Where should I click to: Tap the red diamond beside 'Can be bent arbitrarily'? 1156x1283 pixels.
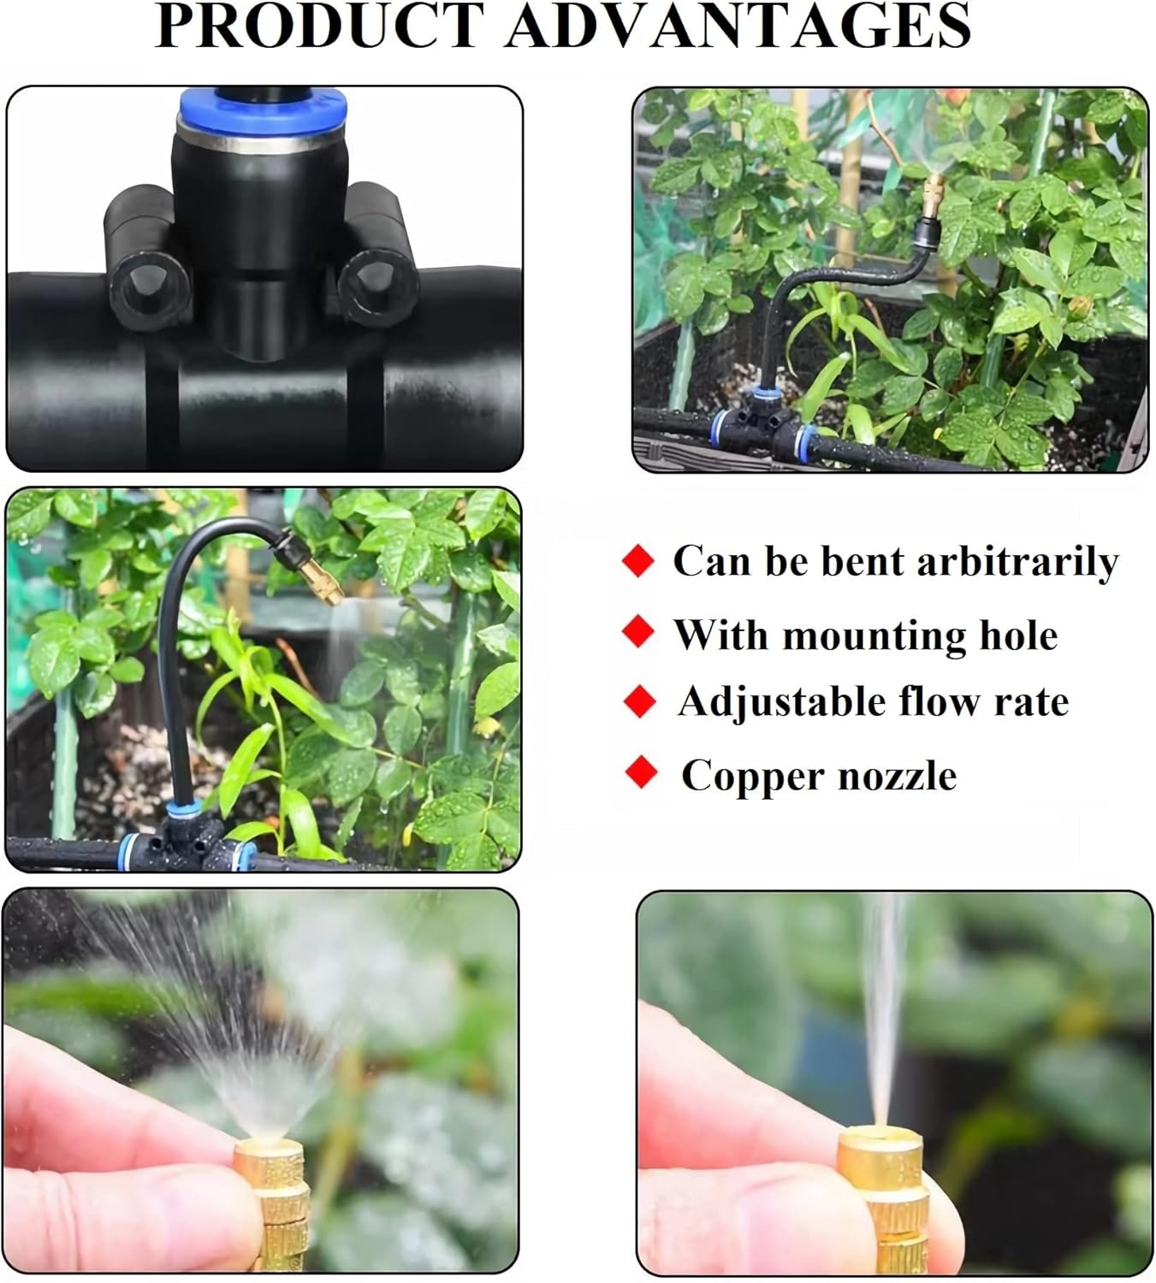click(x=637, y=562)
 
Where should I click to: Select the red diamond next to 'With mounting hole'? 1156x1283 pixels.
click(x=637, y=632)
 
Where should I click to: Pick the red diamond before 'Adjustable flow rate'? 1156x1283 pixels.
click(x=639, y=702)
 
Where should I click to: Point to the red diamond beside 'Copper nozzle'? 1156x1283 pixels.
click(x=640, y=772)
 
